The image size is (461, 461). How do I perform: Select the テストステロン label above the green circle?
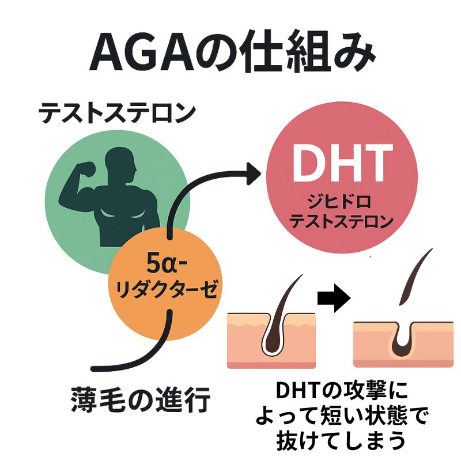click(117, 113)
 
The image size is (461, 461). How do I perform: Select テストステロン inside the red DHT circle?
click(341, 221)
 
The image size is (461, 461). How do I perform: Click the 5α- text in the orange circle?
click(167, 264)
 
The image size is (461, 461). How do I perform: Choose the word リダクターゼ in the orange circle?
click(167, 288)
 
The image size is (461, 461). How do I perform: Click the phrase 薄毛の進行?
click(141, 400)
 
